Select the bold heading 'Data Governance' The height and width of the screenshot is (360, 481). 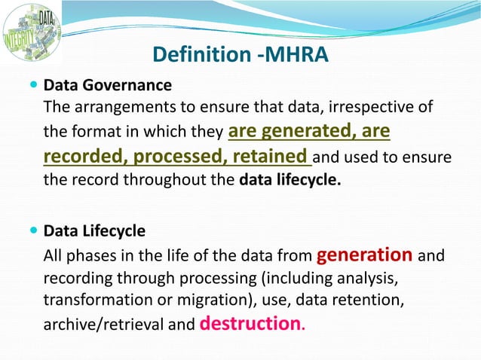click(x=108, y=84)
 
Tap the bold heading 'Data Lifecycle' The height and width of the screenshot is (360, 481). click(x=95, y=230)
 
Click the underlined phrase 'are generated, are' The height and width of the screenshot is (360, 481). click(x=308, y=132)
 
